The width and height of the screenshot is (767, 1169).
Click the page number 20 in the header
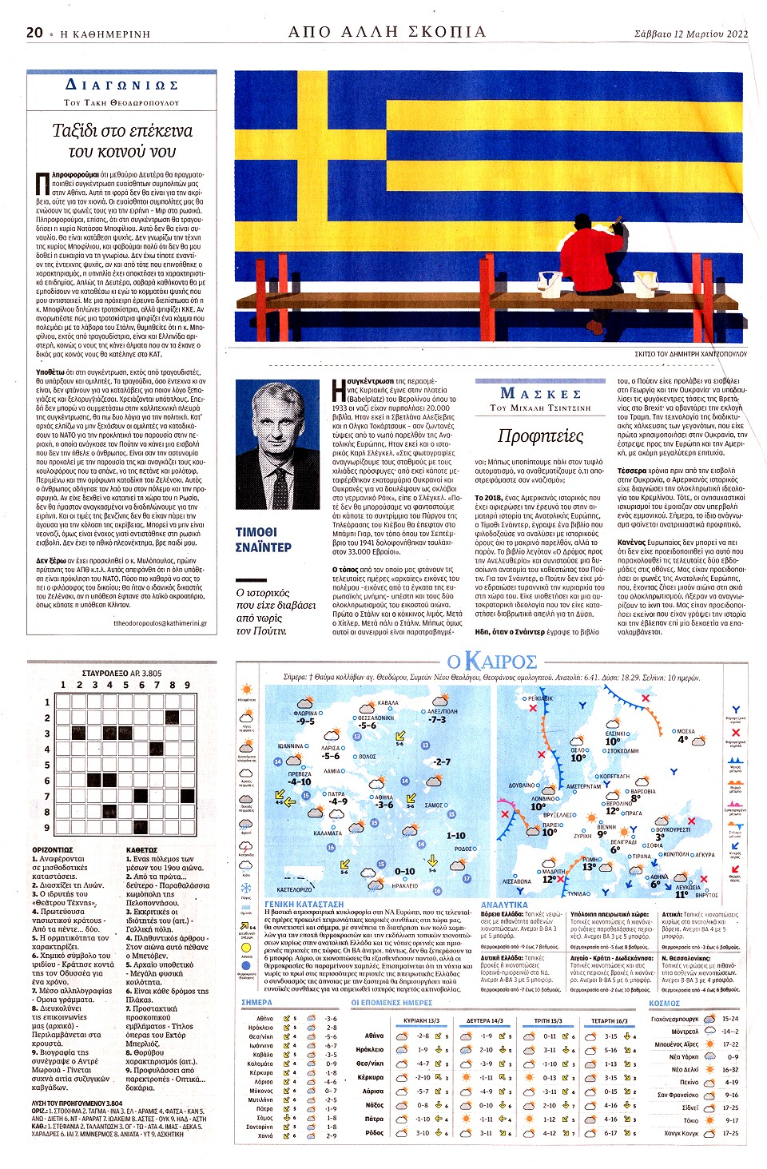point(34,33)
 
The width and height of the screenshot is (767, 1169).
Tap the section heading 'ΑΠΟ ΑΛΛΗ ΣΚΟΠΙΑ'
point(387,32)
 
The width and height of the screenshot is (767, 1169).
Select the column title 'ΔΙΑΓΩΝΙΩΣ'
point(121,85)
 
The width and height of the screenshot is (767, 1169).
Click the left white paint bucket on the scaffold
point(550,280)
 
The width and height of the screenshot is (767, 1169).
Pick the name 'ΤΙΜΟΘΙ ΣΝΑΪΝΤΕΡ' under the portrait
point(263,539)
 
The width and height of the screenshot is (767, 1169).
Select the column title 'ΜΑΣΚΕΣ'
point(540,393)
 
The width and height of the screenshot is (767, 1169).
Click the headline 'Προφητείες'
point(540,436)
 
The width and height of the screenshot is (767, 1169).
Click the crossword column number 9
point(187,685)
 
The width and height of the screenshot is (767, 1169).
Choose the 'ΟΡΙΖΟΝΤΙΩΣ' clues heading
point(53,849)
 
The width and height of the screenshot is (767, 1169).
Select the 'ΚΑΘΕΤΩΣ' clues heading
point(141,849)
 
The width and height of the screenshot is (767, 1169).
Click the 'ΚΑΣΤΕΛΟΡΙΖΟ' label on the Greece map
point(294,889)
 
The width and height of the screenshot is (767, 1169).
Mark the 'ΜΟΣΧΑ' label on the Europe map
point(685,731)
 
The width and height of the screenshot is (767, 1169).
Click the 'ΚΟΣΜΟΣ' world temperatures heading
point(664,1003)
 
